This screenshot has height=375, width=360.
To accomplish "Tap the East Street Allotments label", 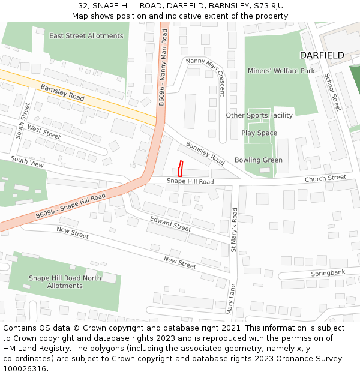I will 86,36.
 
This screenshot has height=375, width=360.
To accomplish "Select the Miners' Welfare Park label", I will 281,71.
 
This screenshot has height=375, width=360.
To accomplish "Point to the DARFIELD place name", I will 322,55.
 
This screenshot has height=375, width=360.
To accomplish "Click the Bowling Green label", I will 258,160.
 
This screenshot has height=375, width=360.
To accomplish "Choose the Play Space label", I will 259,133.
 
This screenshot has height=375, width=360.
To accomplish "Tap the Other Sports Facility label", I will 259,115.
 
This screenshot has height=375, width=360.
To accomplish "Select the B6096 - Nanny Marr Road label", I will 162,70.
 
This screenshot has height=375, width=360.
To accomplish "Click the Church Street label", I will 325,178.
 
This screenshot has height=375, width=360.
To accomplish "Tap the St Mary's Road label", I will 235,229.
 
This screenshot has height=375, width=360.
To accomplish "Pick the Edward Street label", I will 170,224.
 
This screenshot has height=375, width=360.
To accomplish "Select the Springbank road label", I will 328,274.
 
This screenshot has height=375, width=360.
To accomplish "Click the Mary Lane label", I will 230,299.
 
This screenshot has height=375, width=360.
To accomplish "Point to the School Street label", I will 332,92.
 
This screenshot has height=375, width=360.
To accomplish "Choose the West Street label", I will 44,132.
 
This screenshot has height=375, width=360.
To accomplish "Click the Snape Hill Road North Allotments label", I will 65,281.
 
